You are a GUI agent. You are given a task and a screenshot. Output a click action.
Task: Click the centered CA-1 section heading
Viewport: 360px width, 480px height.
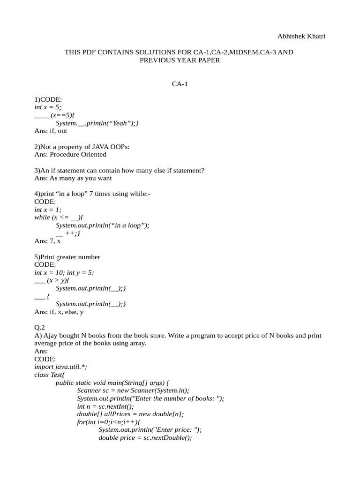[180, 84]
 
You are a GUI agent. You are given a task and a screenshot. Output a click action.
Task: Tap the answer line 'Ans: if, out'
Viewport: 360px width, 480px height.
[51, 131]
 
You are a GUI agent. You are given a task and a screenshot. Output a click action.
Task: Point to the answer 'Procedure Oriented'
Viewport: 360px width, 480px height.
[78, 154]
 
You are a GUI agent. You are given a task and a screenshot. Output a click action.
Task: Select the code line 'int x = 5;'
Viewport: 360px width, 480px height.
[48, 107]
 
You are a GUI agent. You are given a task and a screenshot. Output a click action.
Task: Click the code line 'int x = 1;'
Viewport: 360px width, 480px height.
[48, 210]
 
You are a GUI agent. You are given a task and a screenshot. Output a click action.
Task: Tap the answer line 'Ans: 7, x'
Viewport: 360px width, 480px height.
[47, 241]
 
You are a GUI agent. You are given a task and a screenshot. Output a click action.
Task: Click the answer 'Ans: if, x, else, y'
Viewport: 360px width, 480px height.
[59, 312]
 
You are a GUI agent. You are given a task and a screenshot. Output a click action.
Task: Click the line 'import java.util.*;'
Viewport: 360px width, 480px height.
[60, 367]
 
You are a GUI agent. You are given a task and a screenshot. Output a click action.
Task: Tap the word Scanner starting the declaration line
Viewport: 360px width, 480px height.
[89, 390]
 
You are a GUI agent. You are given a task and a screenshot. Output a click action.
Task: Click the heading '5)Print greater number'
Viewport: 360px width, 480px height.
[67, 257]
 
